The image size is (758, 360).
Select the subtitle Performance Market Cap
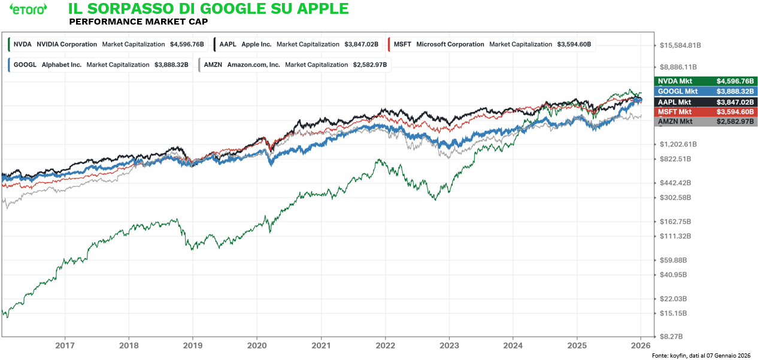(x=138, y=22)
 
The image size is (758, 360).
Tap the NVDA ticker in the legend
(x=22, y=44)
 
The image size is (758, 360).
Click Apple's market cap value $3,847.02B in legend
(x=362, y=44)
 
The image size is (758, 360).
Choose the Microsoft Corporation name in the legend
(x=450, y=44)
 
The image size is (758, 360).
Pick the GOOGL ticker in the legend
(x=25, y=65)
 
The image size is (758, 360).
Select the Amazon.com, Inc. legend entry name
(x=253, y=65)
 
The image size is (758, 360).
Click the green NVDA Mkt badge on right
(x=706, y=81)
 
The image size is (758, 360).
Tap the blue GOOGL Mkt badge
(x=706, y=91)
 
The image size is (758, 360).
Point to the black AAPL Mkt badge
(x=706, y=102)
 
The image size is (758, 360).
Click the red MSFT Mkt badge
(x=706, y=111)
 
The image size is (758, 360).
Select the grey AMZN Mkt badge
(x=706, y=122)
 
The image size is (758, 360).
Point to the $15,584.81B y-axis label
(x=680, y=46)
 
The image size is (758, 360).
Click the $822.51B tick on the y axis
(x=675, y=159)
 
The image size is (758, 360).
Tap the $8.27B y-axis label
(x=671, y=337)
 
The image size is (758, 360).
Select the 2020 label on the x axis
(x=256, y=345)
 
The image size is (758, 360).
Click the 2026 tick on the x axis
(x=641, y=345)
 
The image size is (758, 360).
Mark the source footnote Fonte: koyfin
(x=701, y=356)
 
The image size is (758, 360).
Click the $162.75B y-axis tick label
(x=675, y=221)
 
